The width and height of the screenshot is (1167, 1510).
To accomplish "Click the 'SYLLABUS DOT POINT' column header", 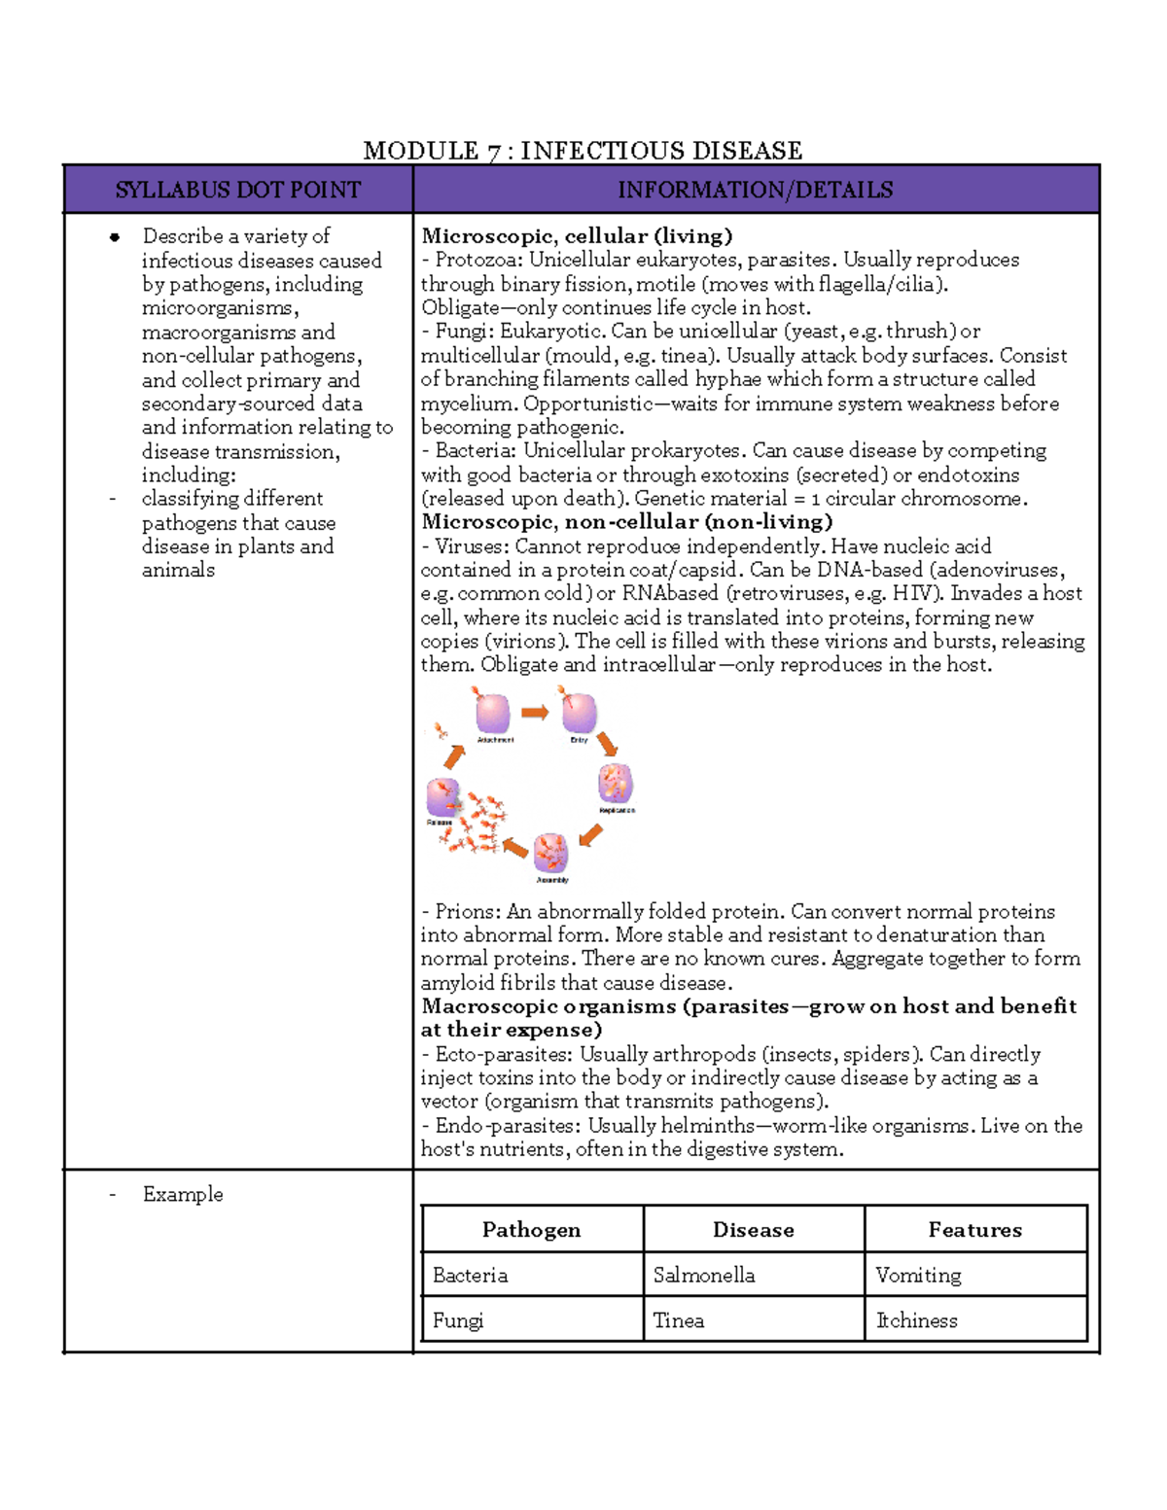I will click(237, 190).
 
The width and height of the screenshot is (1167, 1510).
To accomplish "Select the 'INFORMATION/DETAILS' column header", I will click(755, 190).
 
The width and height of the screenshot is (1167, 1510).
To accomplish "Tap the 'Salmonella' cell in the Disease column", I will click(704, 1275).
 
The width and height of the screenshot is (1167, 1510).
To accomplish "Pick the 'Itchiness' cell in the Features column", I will click(917, 1320).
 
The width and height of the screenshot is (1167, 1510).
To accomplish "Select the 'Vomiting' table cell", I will click(918, 1275).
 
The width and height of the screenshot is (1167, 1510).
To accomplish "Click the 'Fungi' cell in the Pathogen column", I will click(458, 1320).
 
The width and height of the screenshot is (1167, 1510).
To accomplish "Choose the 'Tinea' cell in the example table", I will click(679, 1320).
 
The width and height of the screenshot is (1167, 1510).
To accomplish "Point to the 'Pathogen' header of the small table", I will click(531, 1230).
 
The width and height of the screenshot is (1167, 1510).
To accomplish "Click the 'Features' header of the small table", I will click(974, 1230).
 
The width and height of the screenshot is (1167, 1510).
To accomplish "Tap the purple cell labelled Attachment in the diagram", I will click(493, 714).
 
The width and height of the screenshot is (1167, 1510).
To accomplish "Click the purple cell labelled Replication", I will click(616, 784).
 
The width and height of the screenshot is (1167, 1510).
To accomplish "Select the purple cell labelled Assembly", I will click(550, 853).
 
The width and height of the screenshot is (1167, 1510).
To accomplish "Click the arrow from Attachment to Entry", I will click(535, 713).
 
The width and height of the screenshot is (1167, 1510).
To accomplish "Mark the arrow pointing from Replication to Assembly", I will click(590, 834).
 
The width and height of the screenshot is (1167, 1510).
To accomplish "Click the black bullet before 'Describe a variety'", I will click(115, 236).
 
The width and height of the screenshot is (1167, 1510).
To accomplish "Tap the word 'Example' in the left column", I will click(183, 1194).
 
